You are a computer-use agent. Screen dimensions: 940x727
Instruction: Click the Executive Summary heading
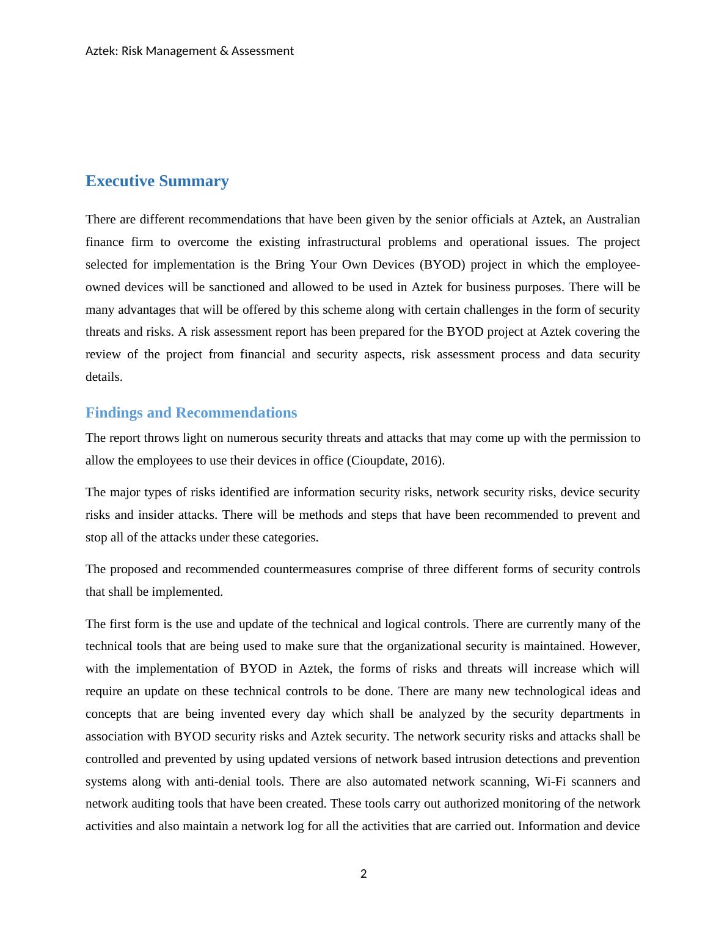(x=157, y=181)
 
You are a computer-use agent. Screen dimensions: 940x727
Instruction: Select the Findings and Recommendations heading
(x=191, y=413)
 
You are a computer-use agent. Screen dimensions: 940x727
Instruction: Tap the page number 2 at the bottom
(x=364, y=874)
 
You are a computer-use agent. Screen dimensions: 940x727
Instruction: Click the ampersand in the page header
(x=221, y=51)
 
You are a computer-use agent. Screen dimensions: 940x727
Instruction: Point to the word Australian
(x=613, y=220)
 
